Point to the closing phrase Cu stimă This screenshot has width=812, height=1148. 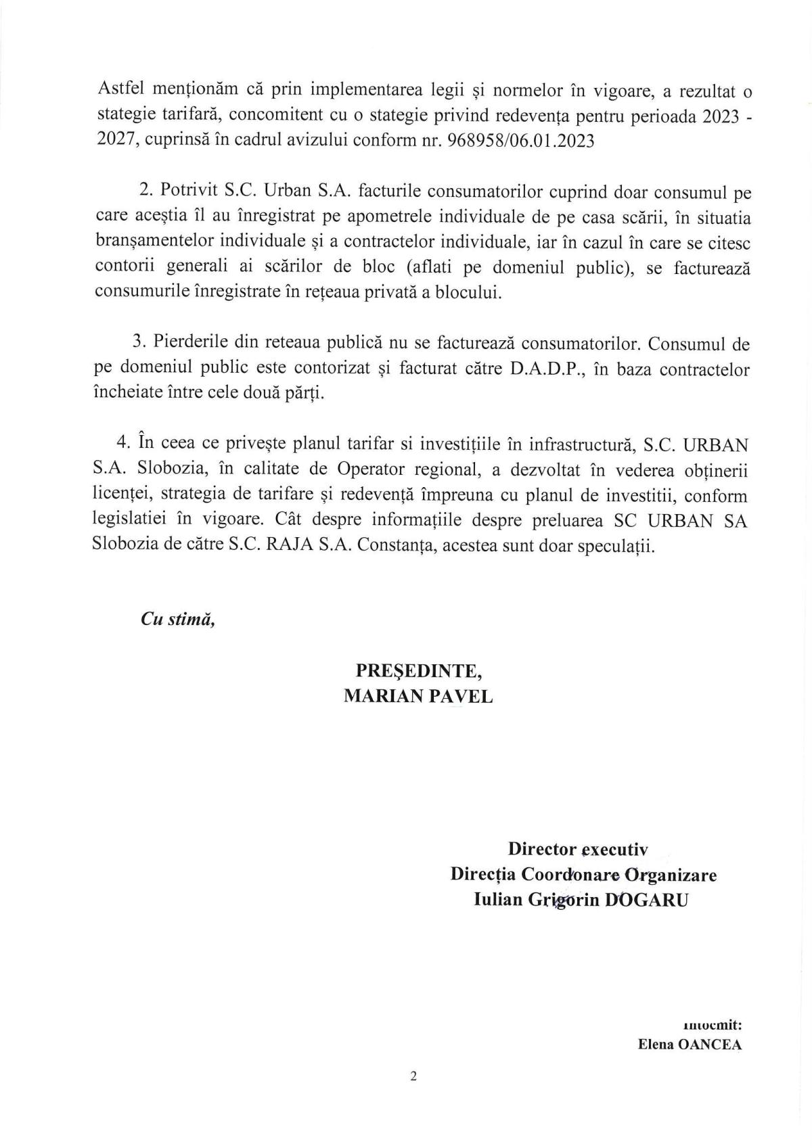pyautogui.click(x=177, y=620)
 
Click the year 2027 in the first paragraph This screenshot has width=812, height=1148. pyautogui.click(x=112, y=144)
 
